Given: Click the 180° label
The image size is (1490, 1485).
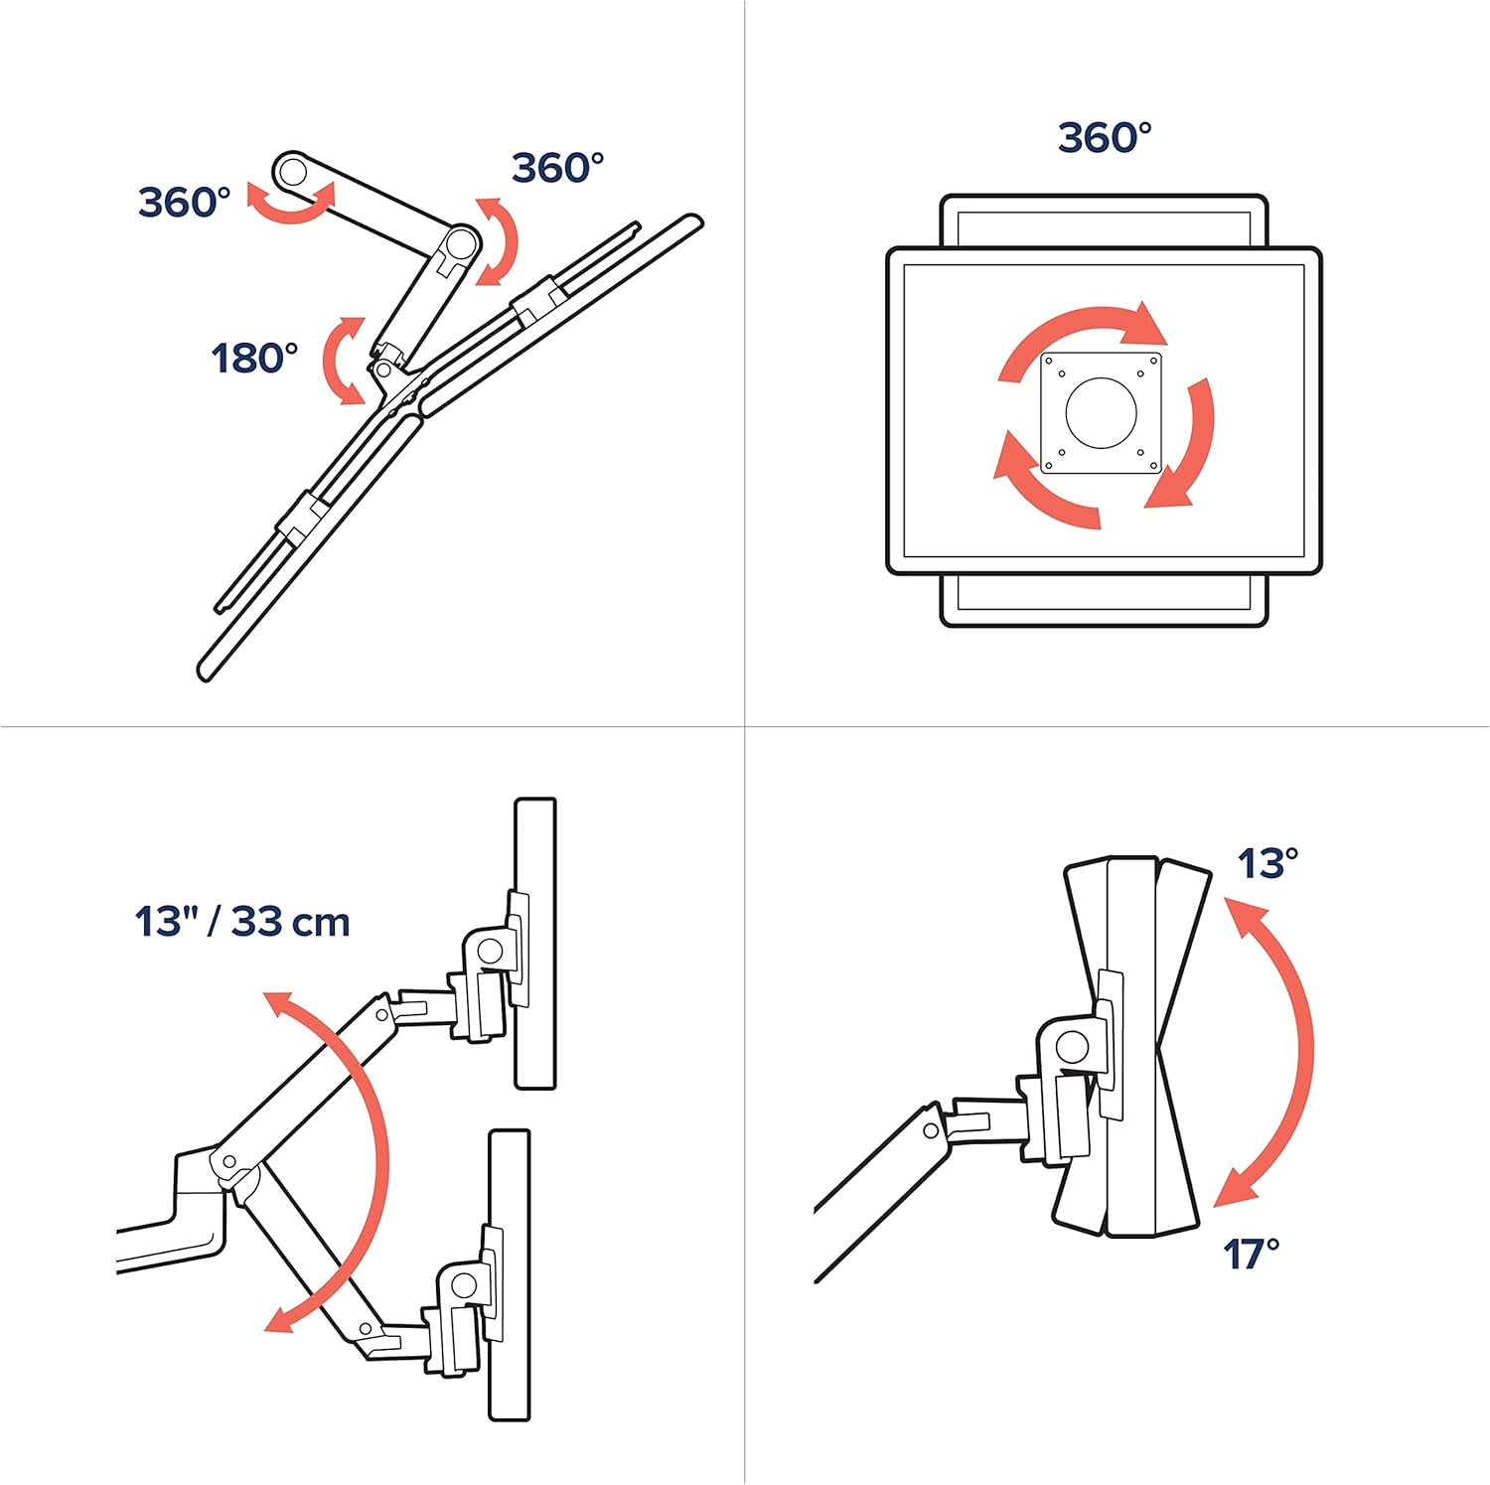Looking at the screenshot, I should tap(254, 358).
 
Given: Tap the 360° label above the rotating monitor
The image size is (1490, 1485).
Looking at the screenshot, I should tap(1105, 137).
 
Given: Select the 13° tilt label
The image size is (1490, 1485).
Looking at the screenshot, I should tap(1267, 863).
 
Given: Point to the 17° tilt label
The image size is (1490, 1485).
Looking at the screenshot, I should tap(1251, 1254).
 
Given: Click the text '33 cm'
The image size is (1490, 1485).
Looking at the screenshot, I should tap(291, 922).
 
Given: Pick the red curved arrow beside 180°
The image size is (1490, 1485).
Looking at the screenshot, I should tap(342, 361).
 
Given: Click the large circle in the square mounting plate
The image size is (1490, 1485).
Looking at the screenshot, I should tap(1101, 412).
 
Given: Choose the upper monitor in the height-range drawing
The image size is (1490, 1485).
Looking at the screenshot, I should tap(535, 943).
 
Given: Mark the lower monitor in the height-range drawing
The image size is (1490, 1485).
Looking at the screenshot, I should tap(510, 1274).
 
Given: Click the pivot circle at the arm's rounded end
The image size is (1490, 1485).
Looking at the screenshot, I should tap(292, 173).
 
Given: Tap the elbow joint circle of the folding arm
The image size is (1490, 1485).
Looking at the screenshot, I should tap(460, 242).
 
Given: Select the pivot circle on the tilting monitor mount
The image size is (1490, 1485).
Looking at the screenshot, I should tap(1072, 1046).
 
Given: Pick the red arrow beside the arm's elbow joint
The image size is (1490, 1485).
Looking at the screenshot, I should tap(500, 241).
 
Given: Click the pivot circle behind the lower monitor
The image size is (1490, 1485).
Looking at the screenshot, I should tap(464, 1285).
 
